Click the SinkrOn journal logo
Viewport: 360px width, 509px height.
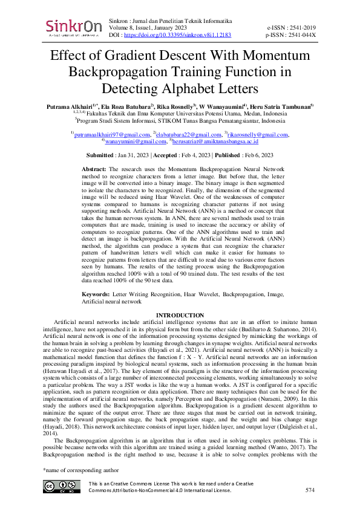(74, 27)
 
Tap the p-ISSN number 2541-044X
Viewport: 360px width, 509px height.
(301, 36)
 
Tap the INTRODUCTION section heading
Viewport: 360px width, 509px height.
(180, 316)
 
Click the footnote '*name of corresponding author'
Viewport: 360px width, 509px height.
(79, 470)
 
